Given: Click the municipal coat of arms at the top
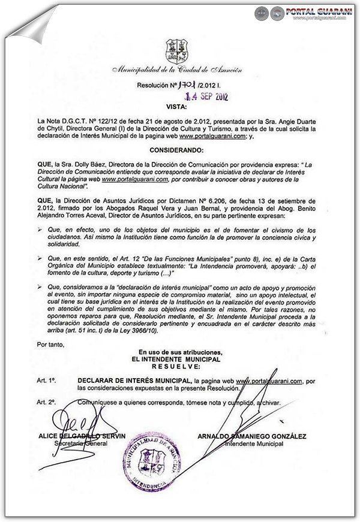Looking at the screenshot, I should tap(177, 52).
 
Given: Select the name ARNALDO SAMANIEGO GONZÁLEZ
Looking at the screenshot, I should tap(251, 436).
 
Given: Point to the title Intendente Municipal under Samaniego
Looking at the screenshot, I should tap(253, 443).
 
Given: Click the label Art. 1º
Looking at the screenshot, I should tap(46, 381).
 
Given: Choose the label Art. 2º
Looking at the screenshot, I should tap(46, 403).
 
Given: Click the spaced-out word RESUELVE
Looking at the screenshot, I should tap(176, 365).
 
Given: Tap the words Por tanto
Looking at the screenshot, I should tap(50, 344).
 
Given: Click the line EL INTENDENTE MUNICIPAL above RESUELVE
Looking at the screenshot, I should tap(176, 358).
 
